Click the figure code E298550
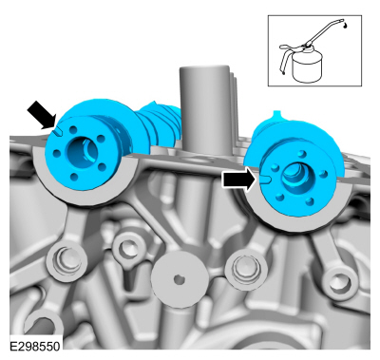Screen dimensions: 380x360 click(x=34, y=346)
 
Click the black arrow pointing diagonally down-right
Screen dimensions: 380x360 click(x=42, y=115)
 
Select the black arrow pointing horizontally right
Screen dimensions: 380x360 click(x=239, y=180)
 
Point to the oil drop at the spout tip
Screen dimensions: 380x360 click(x=345, y=25)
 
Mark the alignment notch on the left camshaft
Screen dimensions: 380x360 click(x=58, y=131)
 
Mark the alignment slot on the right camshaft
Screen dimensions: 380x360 click(x=265, y=180)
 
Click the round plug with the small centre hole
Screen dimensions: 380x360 click(x=180, y=279)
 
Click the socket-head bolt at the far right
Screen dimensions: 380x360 click(x=339, y=283)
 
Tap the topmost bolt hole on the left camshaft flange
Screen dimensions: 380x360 click(x=73, y=129)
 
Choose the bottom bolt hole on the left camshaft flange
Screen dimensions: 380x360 click(x=74, y=177)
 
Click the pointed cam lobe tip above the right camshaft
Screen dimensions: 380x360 click(x=277, y=113)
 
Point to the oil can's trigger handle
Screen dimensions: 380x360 click(x=283, y=59)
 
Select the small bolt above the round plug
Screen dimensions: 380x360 click(x=124, y=246)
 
